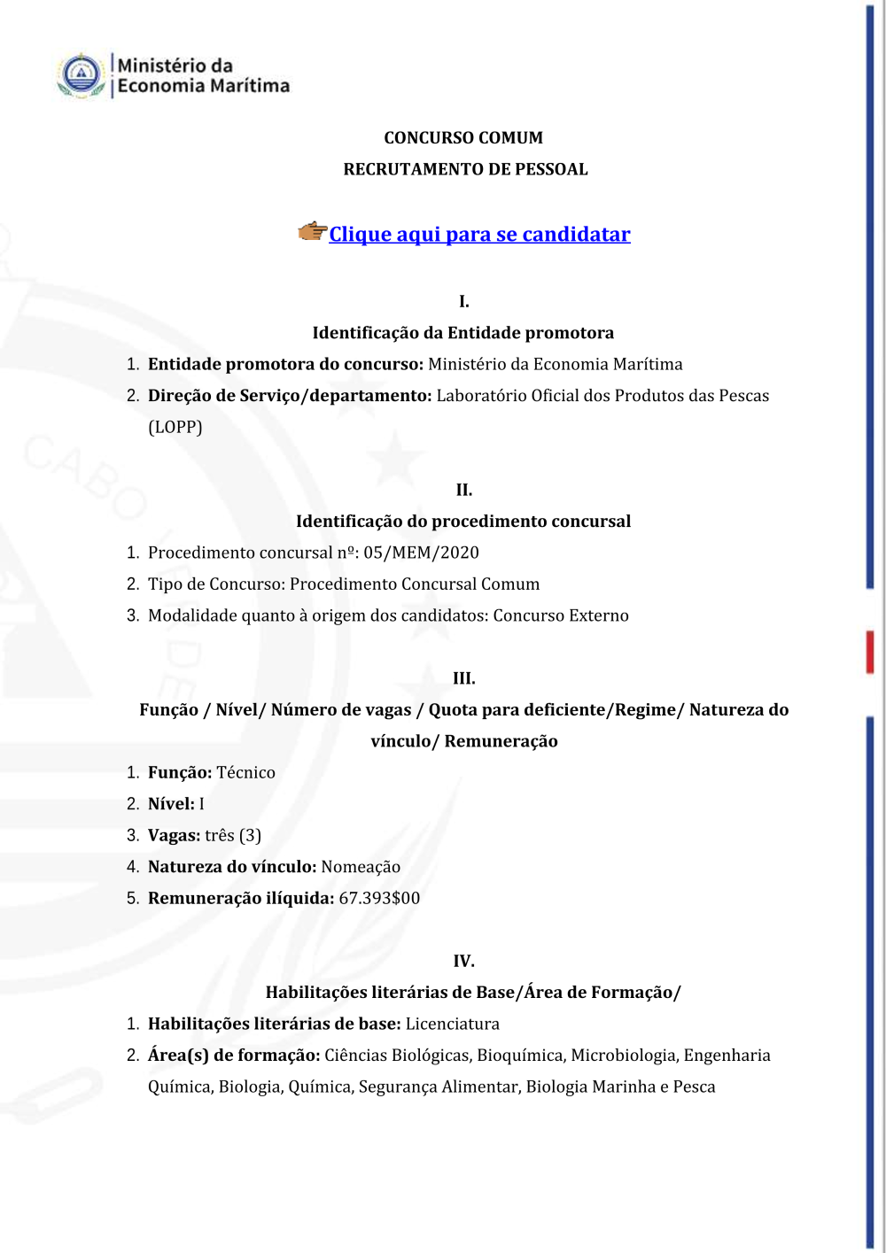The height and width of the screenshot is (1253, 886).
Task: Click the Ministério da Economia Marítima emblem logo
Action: [82, 74]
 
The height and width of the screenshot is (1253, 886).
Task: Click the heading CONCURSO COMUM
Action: [463, 138]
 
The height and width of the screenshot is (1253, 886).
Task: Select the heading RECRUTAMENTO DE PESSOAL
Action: [465, 169]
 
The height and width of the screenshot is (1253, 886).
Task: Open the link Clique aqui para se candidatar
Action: [479, 235]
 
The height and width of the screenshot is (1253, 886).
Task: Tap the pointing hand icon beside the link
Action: [312, 232]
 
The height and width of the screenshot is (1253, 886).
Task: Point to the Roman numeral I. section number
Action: [463, 302]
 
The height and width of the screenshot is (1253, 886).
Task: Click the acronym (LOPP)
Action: [175, 427]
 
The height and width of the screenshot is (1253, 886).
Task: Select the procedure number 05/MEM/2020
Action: [421, 553]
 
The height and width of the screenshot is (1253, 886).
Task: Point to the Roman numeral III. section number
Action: [463, 678]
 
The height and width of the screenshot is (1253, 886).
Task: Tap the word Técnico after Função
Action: [245, 772]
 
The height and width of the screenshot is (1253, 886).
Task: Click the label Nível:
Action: [171, 804]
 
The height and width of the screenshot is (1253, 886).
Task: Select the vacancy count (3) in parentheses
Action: [250, 835]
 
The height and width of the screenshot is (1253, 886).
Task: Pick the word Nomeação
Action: [361, 867]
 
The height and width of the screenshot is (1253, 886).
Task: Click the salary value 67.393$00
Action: [379, 898]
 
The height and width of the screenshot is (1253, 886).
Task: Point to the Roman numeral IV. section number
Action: [463, 961]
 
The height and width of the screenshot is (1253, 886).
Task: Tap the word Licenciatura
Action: [453, 1024]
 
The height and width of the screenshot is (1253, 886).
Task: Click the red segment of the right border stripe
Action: [870, 652]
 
